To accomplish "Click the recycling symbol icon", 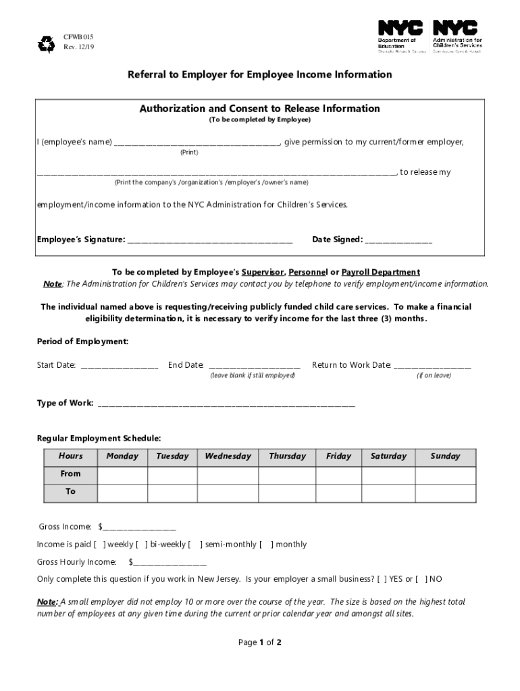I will [x=46, y=45].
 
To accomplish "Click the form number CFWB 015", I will [x=74, y=36].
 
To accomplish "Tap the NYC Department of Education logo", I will [x=400, y=38].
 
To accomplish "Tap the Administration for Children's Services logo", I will [x=457, y=38].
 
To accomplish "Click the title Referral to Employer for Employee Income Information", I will [x=260, y=74].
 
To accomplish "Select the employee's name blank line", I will [x=196, y=143].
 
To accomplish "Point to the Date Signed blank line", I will [x=398, y=240].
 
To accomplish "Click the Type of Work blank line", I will [x=226, y=404].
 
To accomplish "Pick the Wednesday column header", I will [x=228, y=456].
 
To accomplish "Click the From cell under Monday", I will [x=122, y=474].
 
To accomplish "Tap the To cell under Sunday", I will [x=445, y=493].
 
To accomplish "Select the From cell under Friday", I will [x=338, y=474].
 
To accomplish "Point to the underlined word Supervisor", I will [x=263, y=272].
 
